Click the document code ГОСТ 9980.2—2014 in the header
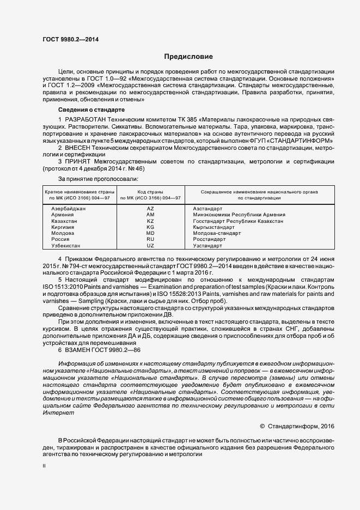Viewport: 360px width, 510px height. pos(71,39)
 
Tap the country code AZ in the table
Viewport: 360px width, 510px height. pos(151,209)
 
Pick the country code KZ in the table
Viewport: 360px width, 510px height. pos(151,221)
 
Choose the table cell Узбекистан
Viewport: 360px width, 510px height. pos(66,246)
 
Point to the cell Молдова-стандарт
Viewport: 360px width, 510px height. pos(217,233)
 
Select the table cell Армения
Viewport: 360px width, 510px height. pos(62,215)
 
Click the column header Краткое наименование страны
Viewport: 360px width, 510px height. pos(80,192)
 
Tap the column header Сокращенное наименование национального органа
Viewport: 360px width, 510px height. pos(259,192)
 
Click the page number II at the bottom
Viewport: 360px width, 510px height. pos(44,466)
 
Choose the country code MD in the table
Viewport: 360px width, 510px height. pos(151,233)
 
